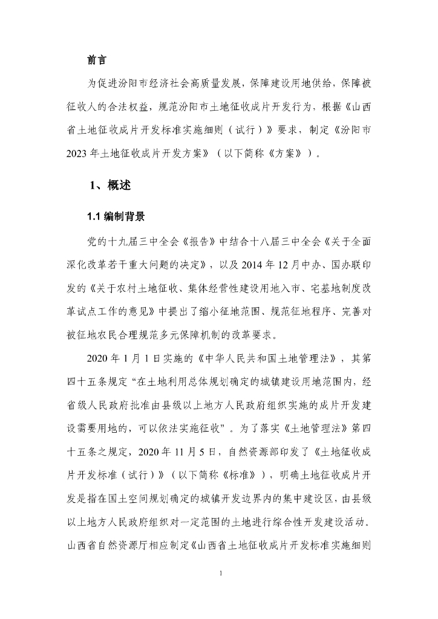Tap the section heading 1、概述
[x=109, y=186]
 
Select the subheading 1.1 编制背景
[x=116, y=217]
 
